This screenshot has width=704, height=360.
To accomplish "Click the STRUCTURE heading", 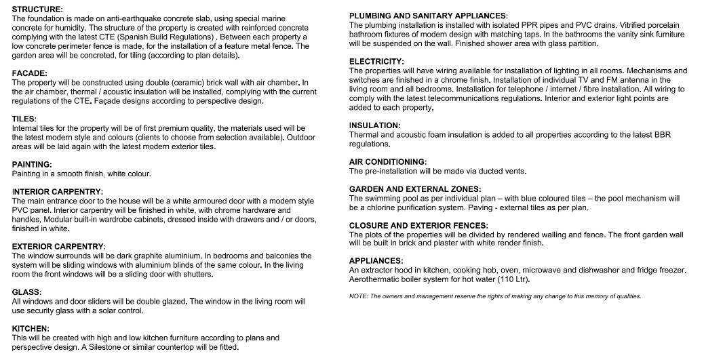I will click(37, 9).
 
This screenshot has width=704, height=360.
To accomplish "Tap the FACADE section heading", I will click(30, 73).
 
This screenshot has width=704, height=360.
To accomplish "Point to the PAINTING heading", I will click(32, 165).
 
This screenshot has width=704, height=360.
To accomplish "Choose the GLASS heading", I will click(27, 292).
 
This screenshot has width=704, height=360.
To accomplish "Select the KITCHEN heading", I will click(31, 329).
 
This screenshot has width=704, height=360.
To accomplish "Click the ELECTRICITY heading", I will click(376, 62).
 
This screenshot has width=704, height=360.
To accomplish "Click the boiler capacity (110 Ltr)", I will click(511, 280).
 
